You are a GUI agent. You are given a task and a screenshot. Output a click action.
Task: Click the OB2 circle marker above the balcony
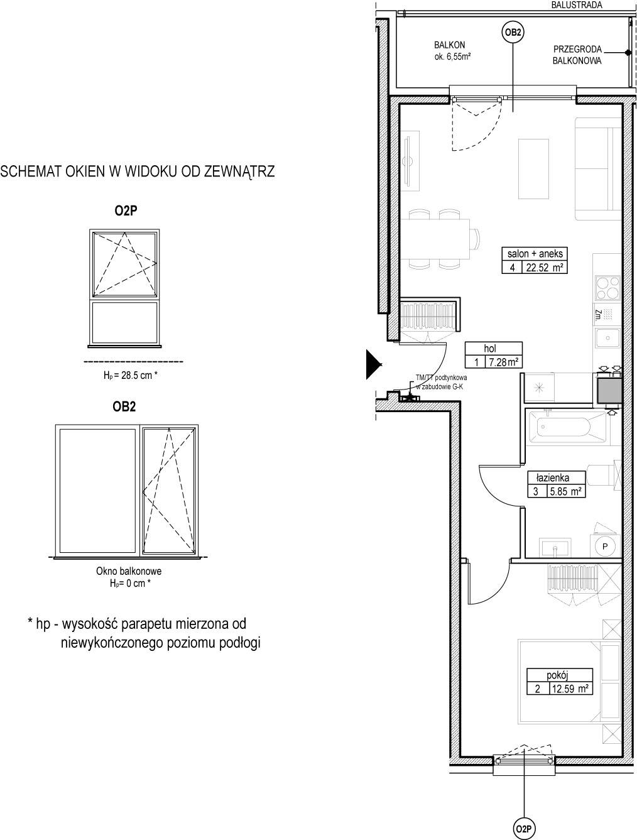(513, 33)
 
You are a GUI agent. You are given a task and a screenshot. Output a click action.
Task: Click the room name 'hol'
(490, 348)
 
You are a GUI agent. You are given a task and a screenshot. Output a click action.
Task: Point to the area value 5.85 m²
(566, 491)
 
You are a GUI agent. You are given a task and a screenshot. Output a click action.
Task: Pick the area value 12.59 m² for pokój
(569, 689)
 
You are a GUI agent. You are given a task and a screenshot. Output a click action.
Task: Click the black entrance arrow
(374, 364)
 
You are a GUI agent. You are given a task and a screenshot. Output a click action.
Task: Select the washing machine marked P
(605, 546)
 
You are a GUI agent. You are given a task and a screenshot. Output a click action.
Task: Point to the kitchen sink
(607, 338)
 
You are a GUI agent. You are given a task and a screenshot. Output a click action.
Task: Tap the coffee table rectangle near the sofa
(533, 169)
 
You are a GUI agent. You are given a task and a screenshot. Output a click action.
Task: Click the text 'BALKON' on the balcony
(450, 45)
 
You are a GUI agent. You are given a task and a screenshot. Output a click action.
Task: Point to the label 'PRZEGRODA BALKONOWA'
(577, 55)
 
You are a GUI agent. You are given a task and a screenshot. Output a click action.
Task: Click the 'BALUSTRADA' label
(577, 5)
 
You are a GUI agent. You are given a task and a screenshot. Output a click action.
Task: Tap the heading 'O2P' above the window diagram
(126, 210)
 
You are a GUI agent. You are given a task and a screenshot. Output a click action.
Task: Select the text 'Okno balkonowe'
(129, 571)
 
